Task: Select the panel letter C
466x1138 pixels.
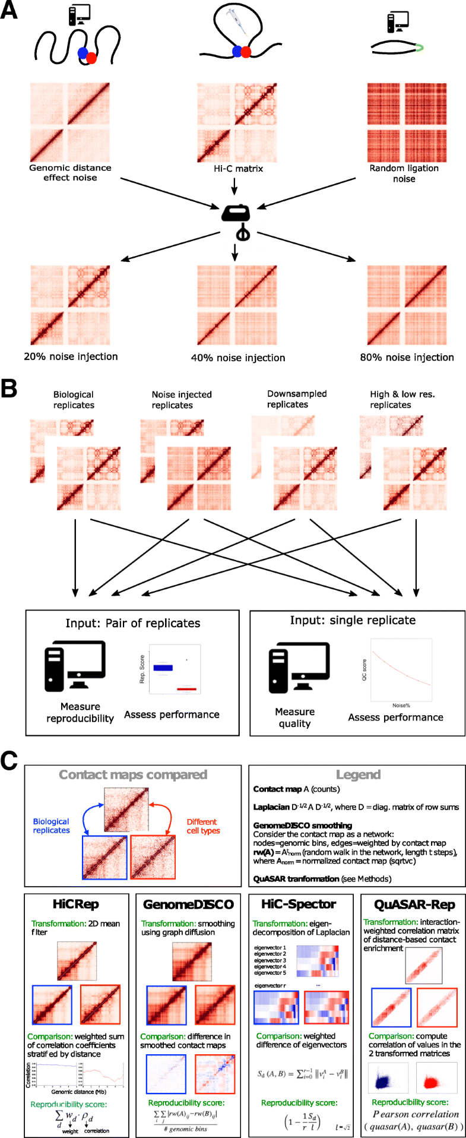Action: coord(9,762)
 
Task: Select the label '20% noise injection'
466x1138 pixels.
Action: coord(71,356)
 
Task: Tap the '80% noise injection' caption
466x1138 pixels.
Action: coord(407,357)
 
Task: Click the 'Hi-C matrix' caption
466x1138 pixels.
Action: coord(238,169)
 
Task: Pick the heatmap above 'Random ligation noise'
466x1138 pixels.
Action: coord(407,122)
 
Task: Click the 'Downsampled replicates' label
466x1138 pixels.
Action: coord(296,399)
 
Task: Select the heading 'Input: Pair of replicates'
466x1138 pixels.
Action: coord(132,623)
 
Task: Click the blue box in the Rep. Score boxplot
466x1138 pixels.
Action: coord(163,668)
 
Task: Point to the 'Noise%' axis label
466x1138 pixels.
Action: coord(401,705)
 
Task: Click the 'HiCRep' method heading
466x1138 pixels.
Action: coord(75,904)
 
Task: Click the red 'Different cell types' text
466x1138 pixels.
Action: coord(203,826)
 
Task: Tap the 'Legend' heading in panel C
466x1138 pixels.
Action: coord(357,775)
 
